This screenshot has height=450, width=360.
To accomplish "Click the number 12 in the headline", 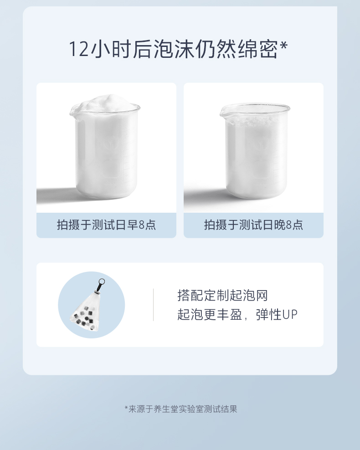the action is tap(78, 49).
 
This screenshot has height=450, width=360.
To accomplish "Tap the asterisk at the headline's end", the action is tap(283, 46).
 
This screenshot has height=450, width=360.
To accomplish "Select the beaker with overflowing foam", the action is tap(105, 147).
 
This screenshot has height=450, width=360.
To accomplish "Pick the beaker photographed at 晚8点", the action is tap(255, 151).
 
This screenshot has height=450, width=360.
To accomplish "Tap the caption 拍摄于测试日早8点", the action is tap(106, 225).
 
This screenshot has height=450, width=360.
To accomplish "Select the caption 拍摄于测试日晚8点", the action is tap(253, 225).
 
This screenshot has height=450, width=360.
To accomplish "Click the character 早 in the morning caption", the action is tap(132, 225).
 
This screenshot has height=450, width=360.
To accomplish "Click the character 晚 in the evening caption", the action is tap(280, 225).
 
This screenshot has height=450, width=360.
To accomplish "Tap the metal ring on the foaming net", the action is tap(101, 282).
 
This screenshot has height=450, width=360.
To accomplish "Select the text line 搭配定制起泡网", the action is tap(222, 295).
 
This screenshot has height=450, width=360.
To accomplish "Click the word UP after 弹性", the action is tap(290, 315).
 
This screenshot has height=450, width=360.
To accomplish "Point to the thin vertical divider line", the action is tap(153, 305).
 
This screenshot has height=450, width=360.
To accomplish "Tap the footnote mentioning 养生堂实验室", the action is tap(181, 409).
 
